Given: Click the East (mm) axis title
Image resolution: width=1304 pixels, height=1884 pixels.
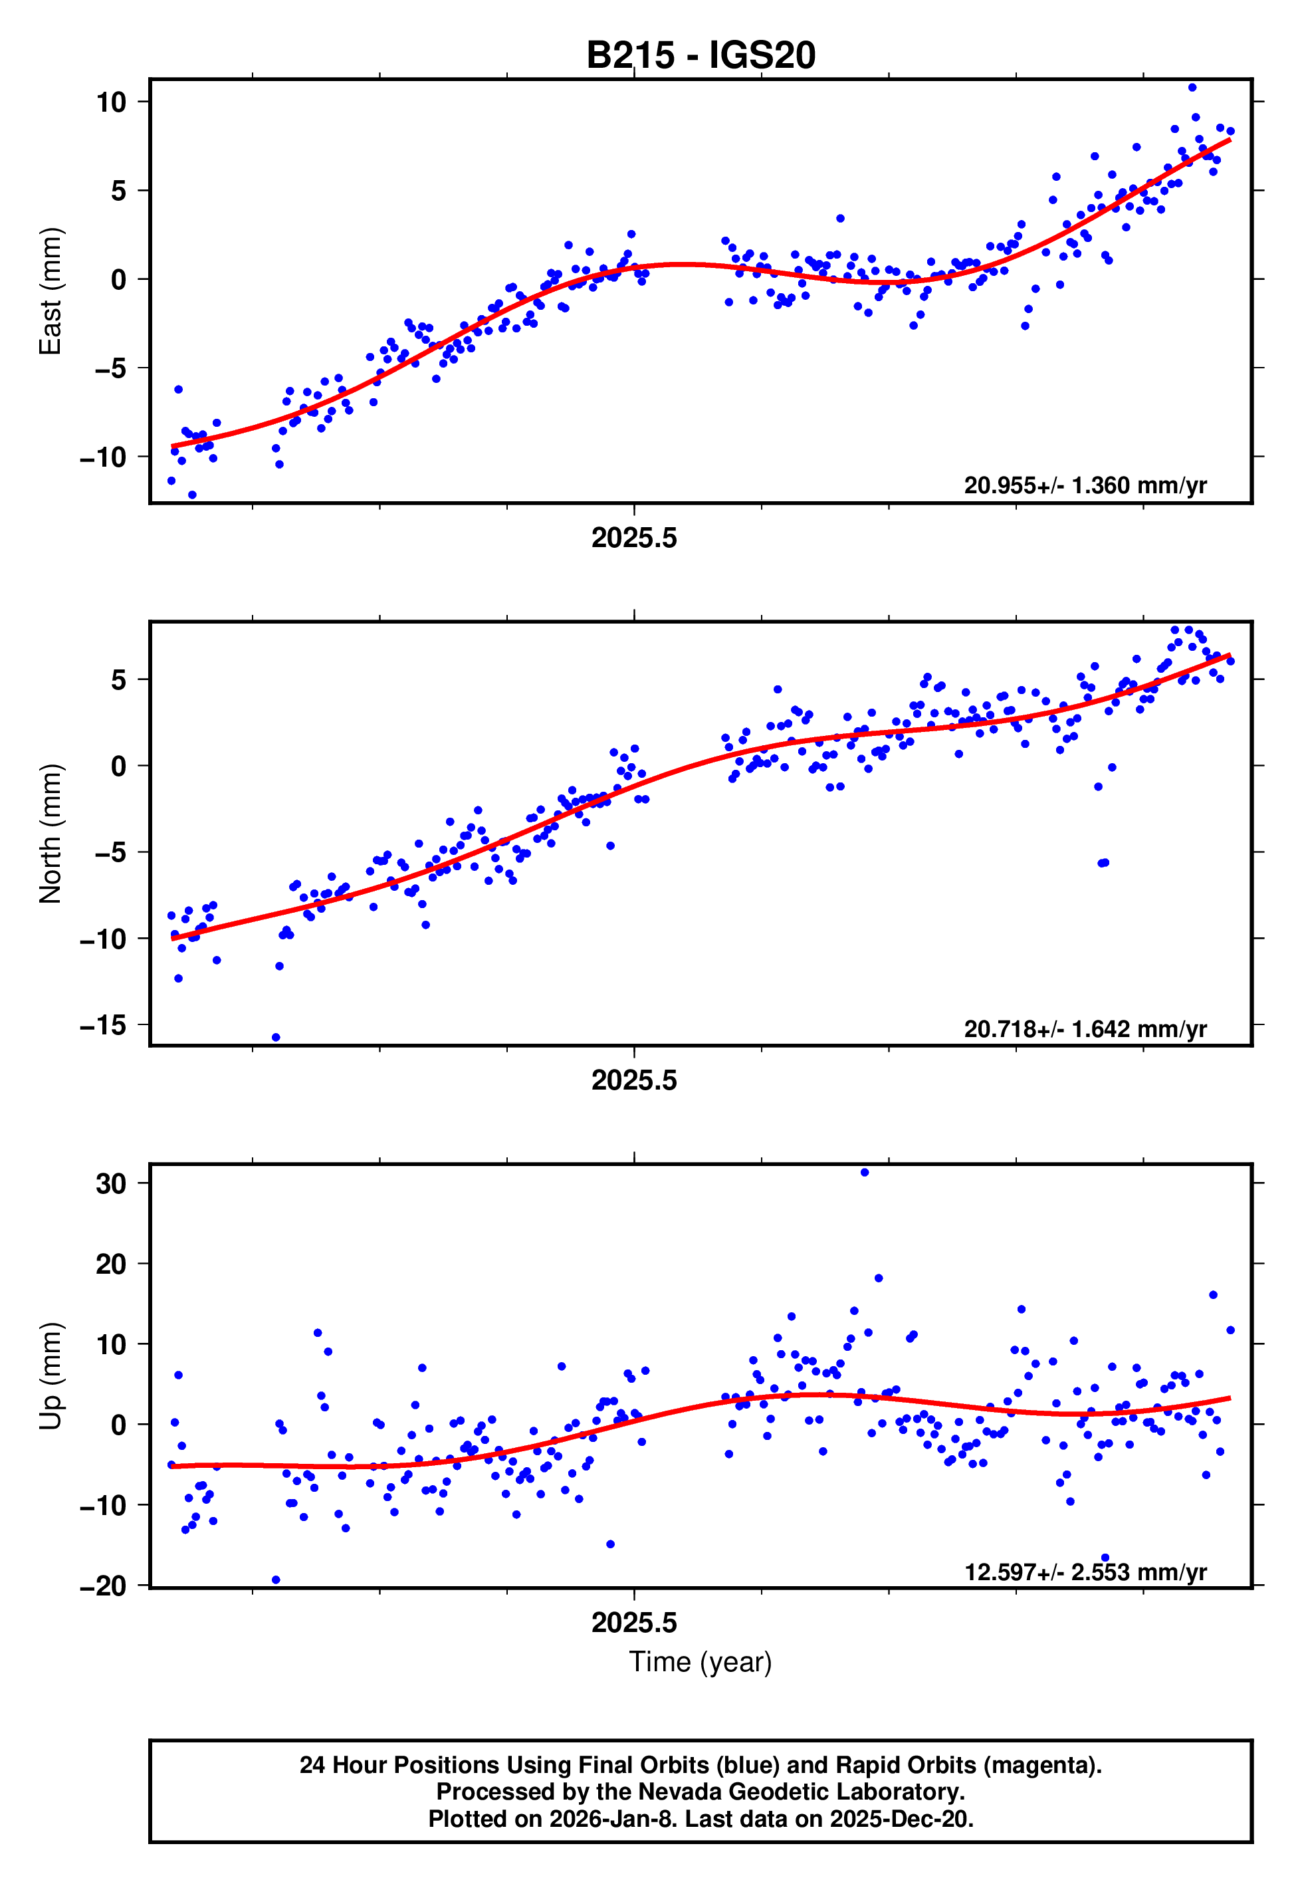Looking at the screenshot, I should point(51,291).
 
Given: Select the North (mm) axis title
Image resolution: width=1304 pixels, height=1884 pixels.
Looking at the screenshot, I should point(51,834).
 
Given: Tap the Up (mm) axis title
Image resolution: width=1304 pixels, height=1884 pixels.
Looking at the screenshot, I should point(51,1377).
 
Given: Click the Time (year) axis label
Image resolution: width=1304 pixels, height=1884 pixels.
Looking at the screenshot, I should point(701,1663).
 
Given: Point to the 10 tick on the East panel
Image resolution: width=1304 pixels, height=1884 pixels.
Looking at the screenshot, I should point(111,102).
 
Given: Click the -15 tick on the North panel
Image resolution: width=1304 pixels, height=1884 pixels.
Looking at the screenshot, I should point(103,1024).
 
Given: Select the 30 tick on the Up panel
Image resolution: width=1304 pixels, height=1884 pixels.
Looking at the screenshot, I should point(111,1183).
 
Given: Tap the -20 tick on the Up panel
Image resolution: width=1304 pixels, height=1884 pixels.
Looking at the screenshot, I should point(103,1587).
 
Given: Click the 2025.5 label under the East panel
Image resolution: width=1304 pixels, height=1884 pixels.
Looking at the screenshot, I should point(634,538).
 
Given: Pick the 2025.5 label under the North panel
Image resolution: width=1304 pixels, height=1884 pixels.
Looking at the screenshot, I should point(634,1081).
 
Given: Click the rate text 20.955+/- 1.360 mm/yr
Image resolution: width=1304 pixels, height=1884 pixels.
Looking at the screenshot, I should point(1085,485).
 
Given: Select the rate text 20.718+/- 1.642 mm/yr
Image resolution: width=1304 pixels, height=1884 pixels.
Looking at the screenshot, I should point(1085,1028).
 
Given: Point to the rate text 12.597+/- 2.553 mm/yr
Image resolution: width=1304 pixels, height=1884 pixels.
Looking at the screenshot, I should point(1085,1572).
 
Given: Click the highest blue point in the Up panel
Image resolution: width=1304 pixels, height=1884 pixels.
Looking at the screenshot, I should point(865,1173).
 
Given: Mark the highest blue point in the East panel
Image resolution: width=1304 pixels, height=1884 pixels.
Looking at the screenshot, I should point(1192,87).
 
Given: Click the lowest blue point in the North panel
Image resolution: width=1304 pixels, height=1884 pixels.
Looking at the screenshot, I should point(276,1038).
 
